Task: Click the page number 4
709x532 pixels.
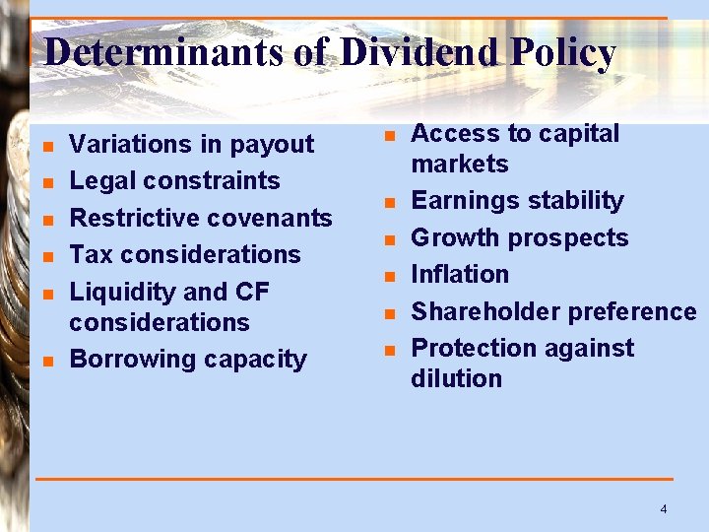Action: pyautogui.click(x=663, y=508)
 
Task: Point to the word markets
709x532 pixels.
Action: pyautogui.click(x=460, y=165)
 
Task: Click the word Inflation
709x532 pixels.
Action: pyautogui.click(x=460, y=274)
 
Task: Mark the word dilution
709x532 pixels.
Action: pyautogui.click(x=456, y=379)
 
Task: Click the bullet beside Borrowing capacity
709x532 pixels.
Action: pyautogui.click(x=47, y=361)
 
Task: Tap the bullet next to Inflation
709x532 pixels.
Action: pyautogui.click(x=389, y=276)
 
